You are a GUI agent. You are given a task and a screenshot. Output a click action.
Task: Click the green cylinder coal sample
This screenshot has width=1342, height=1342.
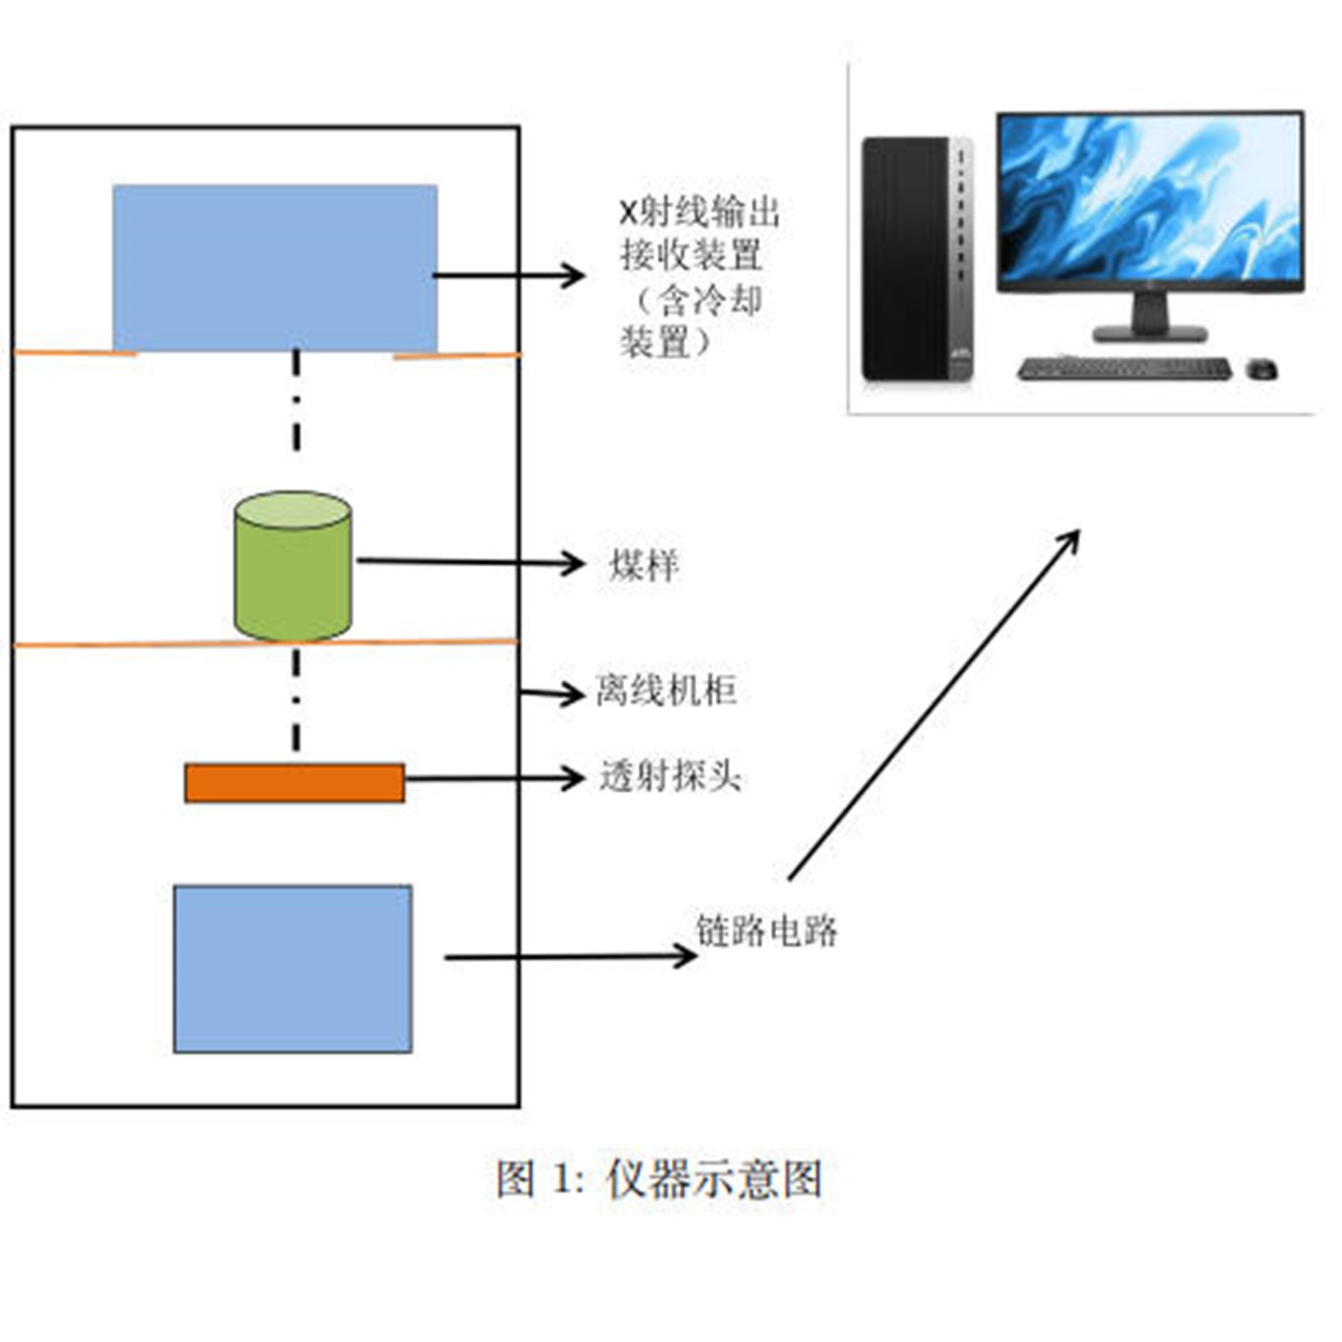(293, 568)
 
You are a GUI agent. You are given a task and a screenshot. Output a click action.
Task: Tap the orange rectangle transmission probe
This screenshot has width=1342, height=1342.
(294, 783)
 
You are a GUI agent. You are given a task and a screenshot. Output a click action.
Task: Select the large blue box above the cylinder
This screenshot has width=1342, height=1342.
(275, 267)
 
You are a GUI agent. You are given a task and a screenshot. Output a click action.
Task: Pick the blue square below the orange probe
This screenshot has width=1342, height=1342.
(293, 969)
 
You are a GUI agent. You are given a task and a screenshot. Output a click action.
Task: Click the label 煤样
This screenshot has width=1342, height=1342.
(644, 565)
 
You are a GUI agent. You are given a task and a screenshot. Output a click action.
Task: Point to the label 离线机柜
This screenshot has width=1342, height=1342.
(666, 691)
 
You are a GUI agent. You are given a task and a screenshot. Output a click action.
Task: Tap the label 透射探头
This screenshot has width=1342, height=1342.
(670, 775)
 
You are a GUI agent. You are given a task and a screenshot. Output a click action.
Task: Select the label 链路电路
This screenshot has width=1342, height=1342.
(766, 930)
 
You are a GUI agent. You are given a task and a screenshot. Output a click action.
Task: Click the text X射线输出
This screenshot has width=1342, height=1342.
(700, 212)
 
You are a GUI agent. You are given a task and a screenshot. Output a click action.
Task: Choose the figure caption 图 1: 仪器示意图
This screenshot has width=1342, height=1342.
(659, 1179)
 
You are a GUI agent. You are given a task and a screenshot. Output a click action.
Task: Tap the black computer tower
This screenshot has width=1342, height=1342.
(909, 258)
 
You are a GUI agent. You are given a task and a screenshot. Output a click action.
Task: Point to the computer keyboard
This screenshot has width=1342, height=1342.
(1123, 369)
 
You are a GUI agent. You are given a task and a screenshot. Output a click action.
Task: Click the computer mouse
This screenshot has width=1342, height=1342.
(1262, 370)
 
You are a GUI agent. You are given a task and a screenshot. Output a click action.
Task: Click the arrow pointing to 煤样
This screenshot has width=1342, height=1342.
(470, 562)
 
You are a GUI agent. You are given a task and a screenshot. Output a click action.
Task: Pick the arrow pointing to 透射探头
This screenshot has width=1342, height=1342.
(494, 778)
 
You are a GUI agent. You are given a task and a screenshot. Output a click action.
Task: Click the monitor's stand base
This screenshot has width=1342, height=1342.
(1150, 333)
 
